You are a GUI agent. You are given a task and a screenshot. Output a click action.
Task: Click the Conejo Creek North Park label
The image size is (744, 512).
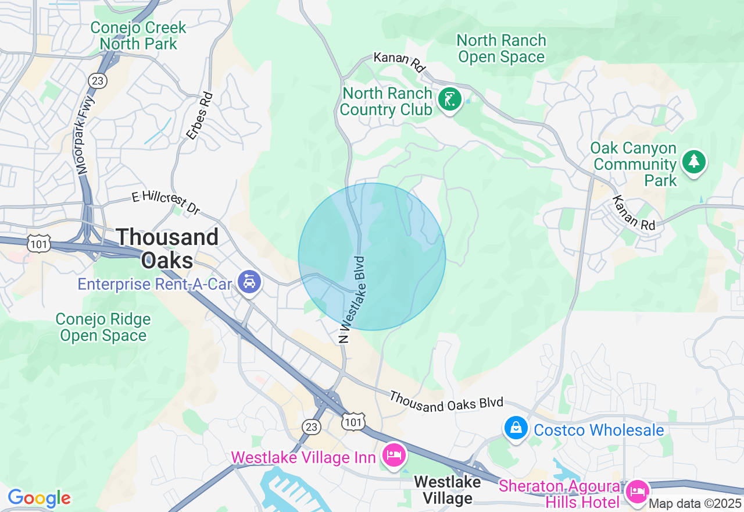[x=138, y=35]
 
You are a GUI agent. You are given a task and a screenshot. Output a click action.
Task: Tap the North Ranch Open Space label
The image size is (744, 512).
[x=501, y=48]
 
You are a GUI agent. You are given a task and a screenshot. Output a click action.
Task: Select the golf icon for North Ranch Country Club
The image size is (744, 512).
[x=449, y=100]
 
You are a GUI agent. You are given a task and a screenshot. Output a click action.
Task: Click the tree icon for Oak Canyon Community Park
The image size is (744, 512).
[x=693, y=161]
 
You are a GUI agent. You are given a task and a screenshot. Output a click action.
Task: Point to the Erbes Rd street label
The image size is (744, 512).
[x=199, y=116]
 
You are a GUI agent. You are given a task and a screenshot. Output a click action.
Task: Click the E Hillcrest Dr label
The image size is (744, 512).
[x=165, y=202]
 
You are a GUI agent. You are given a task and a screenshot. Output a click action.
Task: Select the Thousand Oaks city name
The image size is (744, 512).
[x=167, y=248]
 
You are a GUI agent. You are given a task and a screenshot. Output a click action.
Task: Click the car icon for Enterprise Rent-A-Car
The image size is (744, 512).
[x=249, y=283]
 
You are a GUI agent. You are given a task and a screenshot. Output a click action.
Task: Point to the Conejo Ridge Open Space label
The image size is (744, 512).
[x=103, y=327]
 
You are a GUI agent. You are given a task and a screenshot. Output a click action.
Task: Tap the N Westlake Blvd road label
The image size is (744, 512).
[x=353, y=299]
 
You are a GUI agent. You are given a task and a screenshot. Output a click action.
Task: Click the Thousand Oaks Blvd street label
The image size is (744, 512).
[x=446, y=401]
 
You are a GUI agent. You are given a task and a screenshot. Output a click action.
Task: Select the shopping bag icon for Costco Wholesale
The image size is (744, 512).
[x=516, y=428]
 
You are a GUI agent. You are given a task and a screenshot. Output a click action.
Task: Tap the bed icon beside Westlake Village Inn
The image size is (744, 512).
[x=394, y=454]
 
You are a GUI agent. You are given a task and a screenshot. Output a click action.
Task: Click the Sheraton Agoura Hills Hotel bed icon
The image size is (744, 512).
[x=638, y=491]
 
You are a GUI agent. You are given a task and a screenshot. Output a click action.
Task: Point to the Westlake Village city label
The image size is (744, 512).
[x=447, y=490]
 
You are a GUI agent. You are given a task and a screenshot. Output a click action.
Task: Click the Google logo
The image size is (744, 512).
[x=39, y=499]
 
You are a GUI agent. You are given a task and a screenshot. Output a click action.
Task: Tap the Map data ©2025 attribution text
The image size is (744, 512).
[x=695, y=503]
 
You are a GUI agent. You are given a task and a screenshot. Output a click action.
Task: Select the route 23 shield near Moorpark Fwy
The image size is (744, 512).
[x=98, y=80]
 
